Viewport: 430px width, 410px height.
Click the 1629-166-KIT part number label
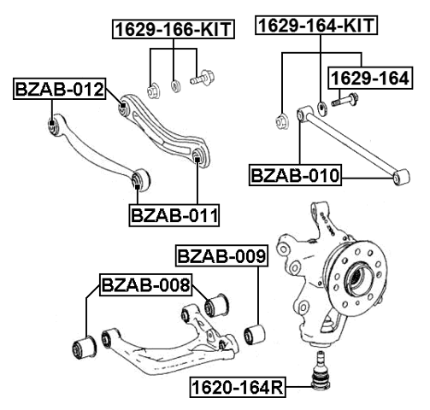174,30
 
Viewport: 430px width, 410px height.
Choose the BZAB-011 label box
174,213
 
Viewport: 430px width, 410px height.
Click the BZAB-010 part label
295,177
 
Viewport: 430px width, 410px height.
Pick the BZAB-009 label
221,255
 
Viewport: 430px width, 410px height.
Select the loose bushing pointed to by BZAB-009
254,331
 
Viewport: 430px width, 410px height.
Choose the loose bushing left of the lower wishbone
85,345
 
